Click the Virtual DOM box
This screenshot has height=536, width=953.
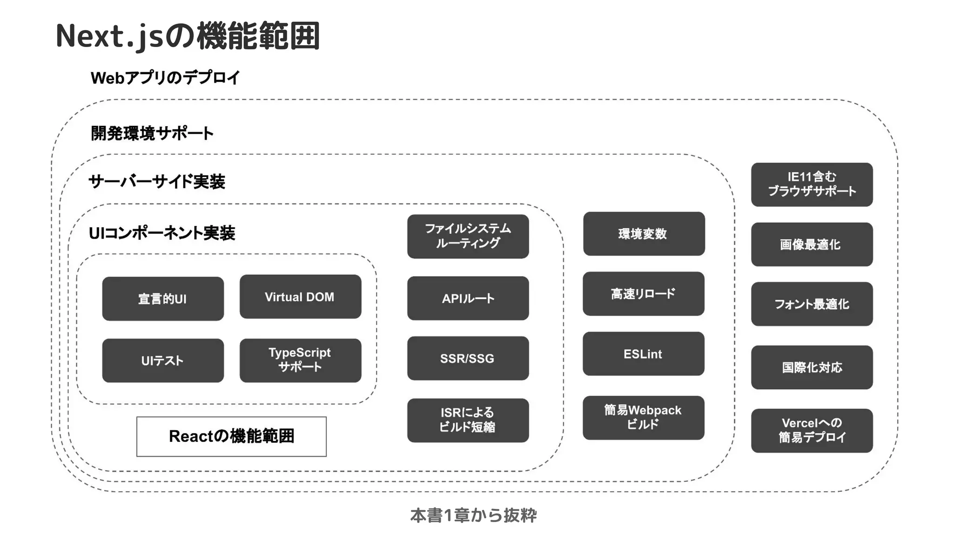(x=300, y=297)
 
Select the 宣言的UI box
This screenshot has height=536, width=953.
(x=163, y=299)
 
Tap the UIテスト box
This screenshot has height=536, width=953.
(x=163, y=360)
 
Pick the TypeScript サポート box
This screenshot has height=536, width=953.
(x=300, y=360)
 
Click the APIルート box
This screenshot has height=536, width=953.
(x=468, y=298)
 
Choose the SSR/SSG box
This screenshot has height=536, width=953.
(x=468, y=358)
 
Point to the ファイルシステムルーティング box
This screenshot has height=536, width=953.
(x=468, y=236)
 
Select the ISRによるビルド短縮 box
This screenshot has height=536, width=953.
(x=468, y=420)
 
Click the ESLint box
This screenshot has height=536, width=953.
(x=643, y=353)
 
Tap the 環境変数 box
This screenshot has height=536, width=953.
(x=644, y=234)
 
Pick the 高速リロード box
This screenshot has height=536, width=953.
(x=643, y=293)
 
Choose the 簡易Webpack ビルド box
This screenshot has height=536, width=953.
(x=643, y=417)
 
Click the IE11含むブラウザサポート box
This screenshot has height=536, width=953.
(x=812, y=184)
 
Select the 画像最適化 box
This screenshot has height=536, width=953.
(x=812, y=244)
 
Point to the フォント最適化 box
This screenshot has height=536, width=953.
(x=812, y=304)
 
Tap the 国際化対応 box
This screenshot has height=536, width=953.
(x=812, y=367)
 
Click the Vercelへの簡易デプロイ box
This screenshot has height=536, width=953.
(x=812, y=430)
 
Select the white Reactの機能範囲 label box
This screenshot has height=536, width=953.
(x=231, y=436)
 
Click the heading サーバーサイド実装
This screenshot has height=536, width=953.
(x=157, y=182)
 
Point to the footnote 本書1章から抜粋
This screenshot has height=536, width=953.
(x=473, y=516)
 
